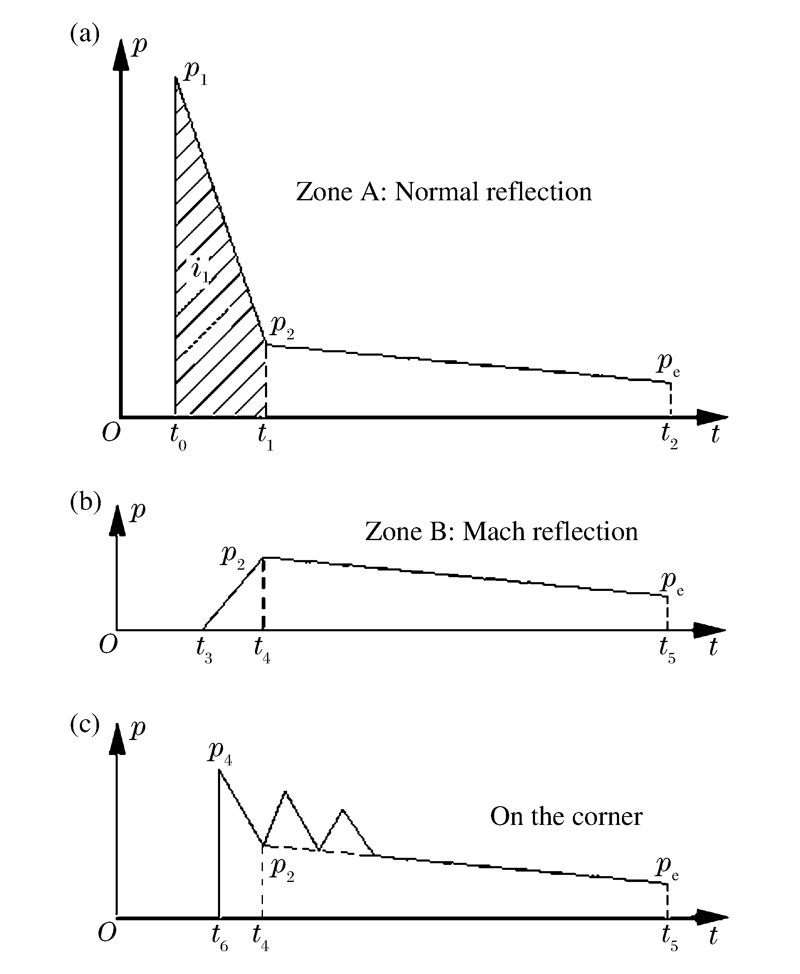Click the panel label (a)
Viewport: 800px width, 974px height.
coord(85,34)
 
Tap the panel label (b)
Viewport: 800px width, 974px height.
coord(86,503)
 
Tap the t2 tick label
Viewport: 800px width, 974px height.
coord(670,436)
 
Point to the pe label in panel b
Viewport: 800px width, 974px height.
coord(671,583)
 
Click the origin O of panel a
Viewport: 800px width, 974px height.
coord(111,433)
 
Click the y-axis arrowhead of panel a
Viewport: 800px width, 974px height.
coord(121,55)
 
